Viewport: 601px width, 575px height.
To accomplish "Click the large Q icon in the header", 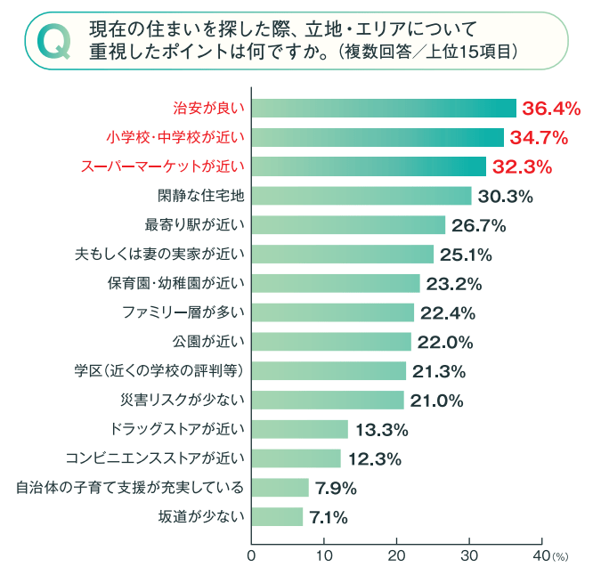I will pyautogui.click(x=52, y=41).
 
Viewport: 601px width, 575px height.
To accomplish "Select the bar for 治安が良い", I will pyautogui.click(x=384, y=109).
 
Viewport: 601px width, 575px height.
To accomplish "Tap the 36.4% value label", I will pyautogui.click(x=551, y=109).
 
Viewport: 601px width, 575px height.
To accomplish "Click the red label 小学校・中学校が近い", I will pyautogui.click(x=175, y=138).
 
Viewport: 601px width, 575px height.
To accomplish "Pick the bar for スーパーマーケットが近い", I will pyautogui.click(x=369, y=166).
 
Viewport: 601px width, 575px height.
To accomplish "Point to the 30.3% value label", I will pyautogui.click(x=505, y=196).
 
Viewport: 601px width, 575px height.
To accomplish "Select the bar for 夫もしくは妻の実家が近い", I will pyautogui.click(x=343, y=255).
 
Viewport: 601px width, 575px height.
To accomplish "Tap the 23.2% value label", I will pyautogui.click(x=454, y=284).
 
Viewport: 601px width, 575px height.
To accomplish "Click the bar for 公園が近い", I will pyautogui.click(x=331, y=342).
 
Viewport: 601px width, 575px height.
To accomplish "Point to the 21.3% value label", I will pyautogui.click(x=439, y=371).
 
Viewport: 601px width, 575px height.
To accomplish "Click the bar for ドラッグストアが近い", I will pyautogui.click(x=300, y=429).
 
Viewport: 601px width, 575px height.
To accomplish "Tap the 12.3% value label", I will pyautogui.click(x=375, y=459).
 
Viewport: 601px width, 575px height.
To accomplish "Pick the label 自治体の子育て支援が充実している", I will pyautogui.click(x=130, y=488).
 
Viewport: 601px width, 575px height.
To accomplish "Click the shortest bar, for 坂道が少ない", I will pyautogui.click(x=278, y=517).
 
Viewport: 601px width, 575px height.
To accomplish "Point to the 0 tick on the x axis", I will pyautogui.click(x=251, y=556).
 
